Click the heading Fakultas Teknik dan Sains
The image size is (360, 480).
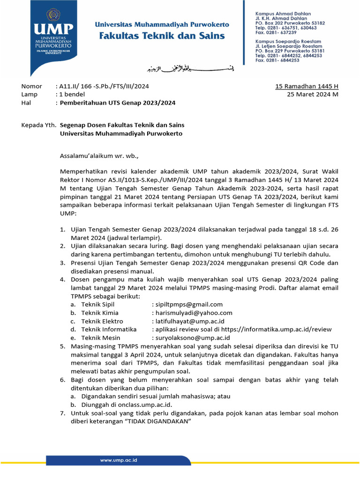pos(160,36)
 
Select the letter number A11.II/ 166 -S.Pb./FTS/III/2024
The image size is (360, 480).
pos(105,86)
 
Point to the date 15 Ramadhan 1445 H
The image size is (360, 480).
pos(307,86)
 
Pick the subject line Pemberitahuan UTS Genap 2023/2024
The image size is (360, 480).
pos(118,103)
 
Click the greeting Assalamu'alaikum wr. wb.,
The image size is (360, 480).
pos(99,155)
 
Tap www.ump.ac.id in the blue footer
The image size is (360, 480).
pos(119,461)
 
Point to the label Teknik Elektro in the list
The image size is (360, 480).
pos(102,321)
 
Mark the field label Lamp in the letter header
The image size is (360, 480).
pos(30,94)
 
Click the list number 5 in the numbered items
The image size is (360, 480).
pos(63,346)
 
